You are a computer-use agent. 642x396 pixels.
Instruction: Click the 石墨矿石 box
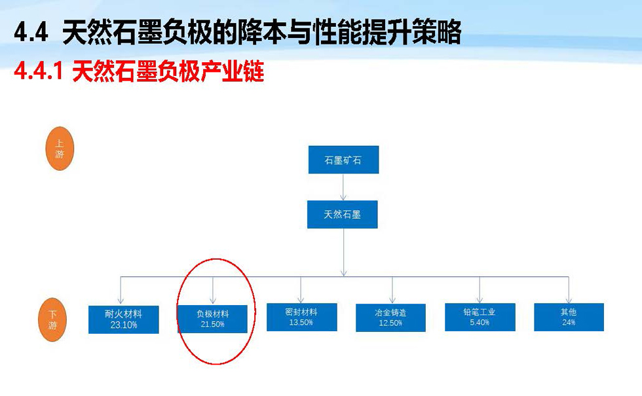[343, 160]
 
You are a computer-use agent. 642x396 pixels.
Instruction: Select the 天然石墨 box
[342, 215]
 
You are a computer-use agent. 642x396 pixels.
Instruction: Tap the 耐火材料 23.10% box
[124, 319]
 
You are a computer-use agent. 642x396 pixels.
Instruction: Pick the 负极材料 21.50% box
[212, 319]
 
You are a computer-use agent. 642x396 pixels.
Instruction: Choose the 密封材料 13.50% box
[302, 317]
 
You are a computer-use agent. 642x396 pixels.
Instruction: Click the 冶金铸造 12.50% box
[390, 318]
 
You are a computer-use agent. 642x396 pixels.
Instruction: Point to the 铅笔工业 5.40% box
[480, 317]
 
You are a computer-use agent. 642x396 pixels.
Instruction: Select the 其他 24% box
[569, 317]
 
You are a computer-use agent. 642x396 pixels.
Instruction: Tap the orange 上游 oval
[60, 149]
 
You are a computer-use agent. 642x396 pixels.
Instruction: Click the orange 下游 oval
[52, 319]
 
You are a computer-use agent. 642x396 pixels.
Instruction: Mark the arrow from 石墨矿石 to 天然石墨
[343, 187]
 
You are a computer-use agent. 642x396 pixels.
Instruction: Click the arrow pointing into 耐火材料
[121, 291]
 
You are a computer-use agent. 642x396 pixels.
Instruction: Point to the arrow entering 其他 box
[569, 290]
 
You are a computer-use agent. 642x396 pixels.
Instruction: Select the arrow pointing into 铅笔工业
[480, 290]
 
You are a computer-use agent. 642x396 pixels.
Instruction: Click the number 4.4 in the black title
[31, 33]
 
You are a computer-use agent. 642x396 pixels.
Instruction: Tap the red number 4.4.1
[39, 71]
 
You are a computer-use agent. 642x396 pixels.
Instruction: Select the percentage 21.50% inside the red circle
[212, 325]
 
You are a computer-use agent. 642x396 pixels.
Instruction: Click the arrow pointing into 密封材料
[301, 290]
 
